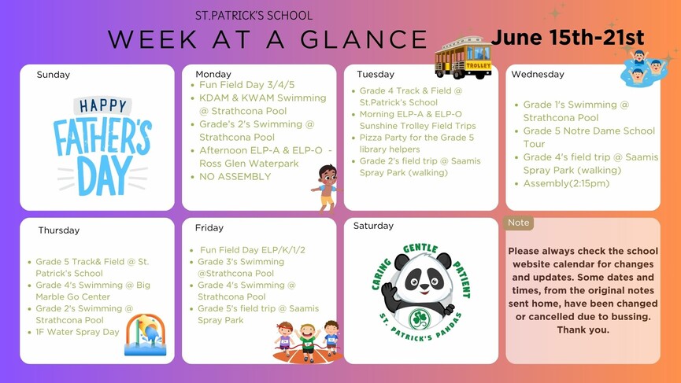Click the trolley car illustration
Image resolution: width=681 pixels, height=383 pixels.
[464, 57]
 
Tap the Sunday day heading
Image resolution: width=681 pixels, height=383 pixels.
[53, 75]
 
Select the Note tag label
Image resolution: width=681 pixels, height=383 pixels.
[519, 223]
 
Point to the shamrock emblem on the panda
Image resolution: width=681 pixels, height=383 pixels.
[420, 319]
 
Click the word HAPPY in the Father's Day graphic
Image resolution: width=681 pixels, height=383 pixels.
[102, 106]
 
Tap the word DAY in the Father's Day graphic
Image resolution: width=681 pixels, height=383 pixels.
[103, 175]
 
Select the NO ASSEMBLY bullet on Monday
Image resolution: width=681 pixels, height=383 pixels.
[235, 176]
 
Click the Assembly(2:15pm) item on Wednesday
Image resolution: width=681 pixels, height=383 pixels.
[566, 183]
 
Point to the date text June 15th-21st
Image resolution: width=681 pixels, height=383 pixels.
[568, 37]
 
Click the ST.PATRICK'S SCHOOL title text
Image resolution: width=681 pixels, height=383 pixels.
[254, 16]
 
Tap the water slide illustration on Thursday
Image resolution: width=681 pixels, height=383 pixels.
[146, 335]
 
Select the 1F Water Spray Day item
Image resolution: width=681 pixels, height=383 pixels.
[77, 332]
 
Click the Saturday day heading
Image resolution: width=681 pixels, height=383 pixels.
[373, 226]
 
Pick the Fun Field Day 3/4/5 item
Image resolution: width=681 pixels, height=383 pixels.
[246, 85]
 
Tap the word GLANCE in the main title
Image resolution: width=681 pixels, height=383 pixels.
[364, 39]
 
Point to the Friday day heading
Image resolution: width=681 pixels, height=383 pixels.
[209, 228]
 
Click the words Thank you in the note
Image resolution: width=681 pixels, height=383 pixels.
[583, 330]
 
